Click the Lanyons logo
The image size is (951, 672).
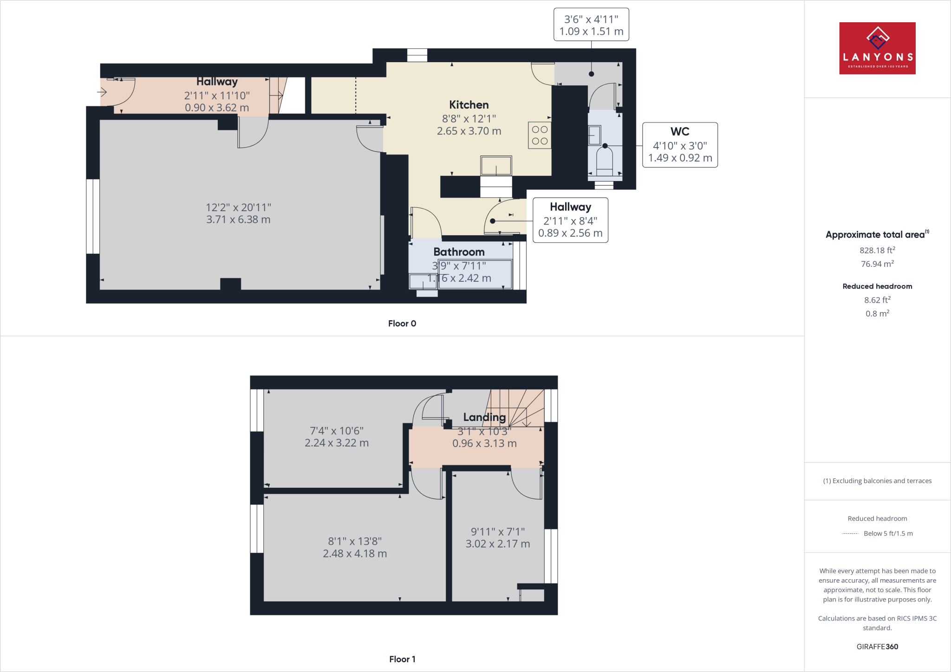pyautogui.click(x=877, y=48)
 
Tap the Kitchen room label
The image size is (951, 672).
pyautogui.click(x=469, y=105)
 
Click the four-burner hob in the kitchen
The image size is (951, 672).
pyautogui.click(x=540, y=135)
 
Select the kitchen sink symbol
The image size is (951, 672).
pyautogui.click(x=496, y=166)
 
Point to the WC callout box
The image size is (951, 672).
pyautogui.click(x=680, y=145)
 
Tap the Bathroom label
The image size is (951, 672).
pyautogui.click(x=459, y=252)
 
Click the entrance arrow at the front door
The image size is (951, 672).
pyautogui.click(x=102, y=92)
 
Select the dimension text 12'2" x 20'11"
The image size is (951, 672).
pyautogui.click(x=238, y=207)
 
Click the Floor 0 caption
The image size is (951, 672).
pyautogui.click(x=402, y=323)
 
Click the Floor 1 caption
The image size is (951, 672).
pyautogui.click(x=402, y=659)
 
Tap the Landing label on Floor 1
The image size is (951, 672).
pyautogui.click(x=484, y=417)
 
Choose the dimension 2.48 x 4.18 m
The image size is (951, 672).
pyautogui.click(x=355, y=554)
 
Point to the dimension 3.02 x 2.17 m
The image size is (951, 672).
pyautogui.click(x=498, y=544)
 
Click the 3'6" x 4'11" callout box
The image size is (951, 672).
pyautogui.click(x=591, y=25)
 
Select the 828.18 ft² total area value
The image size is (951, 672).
pyautogui.click(x=877, y=250)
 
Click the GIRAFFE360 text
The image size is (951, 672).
pyautogui.click(x=877, y=646)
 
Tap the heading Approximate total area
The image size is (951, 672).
pyautogui.click(x=875, y=235)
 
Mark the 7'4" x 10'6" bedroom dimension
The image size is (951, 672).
pyautogui.click(x=337, y=431)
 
